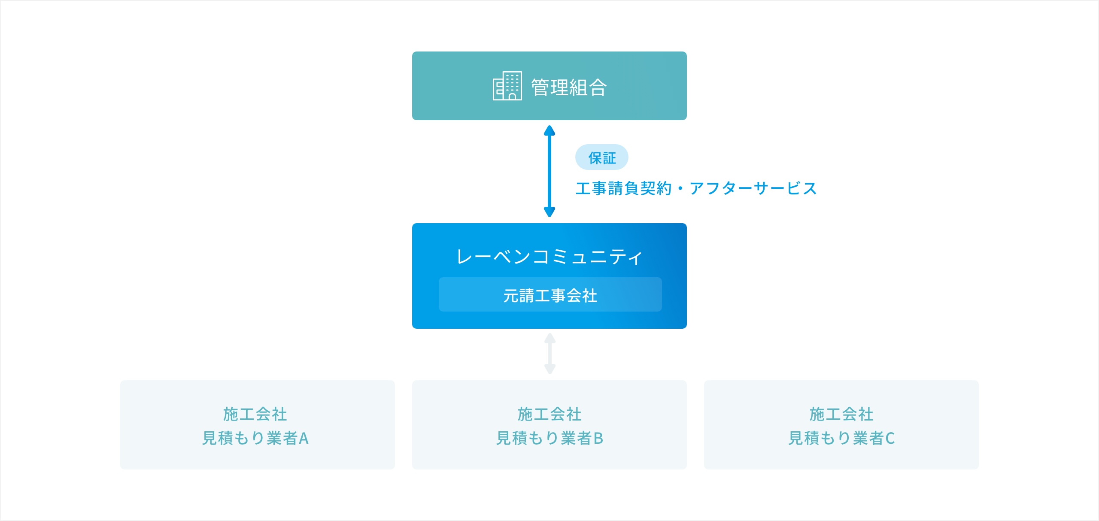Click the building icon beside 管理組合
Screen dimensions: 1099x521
point(507,86)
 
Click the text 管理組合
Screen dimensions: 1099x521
point(569,87)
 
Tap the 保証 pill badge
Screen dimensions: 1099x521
point(602,158)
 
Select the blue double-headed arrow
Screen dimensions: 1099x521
point(549,171)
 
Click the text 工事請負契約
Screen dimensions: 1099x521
point(624,188)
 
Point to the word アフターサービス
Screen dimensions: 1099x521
point(753,188)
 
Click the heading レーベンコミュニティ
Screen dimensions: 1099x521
point(549,257)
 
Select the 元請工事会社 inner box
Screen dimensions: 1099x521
point(550,294)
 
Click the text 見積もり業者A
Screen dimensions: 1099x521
point(255,438)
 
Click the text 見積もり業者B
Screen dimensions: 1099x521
point(550,438)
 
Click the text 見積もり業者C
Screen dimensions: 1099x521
point(841,438)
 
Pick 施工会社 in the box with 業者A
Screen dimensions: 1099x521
point(255,414)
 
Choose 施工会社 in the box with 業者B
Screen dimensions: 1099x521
point(549,414)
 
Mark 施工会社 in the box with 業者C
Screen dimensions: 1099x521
point(841,414)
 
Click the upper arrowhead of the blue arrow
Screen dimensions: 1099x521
point(549,130)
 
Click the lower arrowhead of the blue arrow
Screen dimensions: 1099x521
point(549,212)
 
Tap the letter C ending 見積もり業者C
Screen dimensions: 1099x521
point(890,439)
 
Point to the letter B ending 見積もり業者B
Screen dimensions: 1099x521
point(598,439)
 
